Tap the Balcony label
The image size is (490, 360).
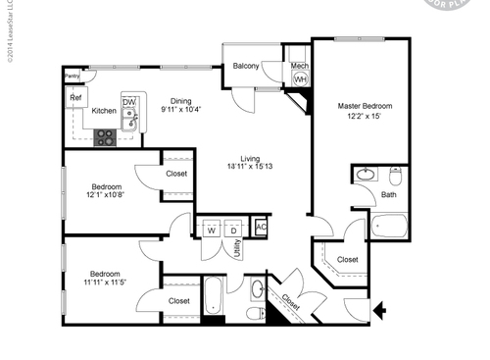(x=245, y=67)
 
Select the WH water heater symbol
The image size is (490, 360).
(x=300, y=79)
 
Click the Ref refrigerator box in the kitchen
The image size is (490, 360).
(x=74, y=98)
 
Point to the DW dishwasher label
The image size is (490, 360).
(x=128, y=102)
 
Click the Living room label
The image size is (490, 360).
(x=255, y=161)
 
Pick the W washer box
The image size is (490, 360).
(x=211, y=231)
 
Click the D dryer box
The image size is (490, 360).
(x=234, y=231)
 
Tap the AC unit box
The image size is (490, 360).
(x=260, y=228)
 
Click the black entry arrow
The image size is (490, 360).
(x=380, y=313)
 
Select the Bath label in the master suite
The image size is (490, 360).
(x=389, y=194)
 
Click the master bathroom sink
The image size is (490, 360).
(x=365, y=176)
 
